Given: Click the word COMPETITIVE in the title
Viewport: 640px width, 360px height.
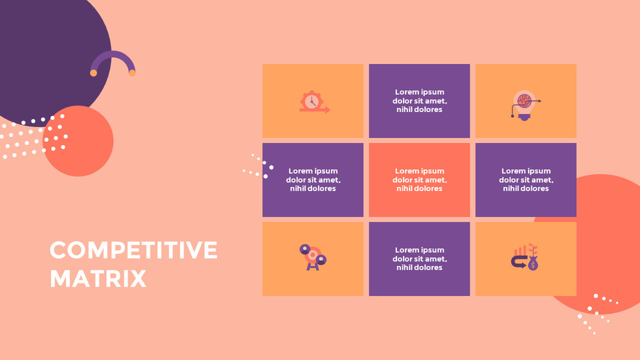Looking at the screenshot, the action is point(133,250).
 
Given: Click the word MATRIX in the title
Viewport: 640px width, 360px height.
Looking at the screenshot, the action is point(98,279).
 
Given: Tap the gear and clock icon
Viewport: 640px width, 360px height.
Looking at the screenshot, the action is point(314,102).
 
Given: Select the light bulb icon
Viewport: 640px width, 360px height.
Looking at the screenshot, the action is point(526,105).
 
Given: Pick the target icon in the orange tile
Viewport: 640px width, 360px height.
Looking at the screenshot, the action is point(313,257).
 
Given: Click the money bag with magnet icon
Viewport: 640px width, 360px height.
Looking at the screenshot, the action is point(525,257).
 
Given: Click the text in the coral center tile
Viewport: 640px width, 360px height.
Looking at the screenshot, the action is point(420,179).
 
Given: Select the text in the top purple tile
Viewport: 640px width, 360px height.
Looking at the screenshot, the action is point(420,101).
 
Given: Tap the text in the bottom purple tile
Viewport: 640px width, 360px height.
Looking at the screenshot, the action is point(420,259).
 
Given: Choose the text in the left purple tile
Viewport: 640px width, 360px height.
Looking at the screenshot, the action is point(313,179).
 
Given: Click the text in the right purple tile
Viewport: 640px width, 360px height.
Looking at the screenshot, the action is point(526,179).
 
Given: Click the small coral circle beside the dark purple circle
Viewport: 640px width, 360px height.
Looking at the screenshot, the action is point(78,141).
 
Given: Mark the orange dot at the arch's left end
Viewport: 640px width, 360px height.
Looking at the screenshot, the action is point(93,73).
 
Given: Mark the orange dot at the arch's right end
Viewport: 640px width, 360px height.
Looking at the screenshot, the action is point(132,73).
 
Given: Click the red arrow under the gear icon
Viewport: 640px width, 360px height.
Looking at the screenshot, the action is point(315,110).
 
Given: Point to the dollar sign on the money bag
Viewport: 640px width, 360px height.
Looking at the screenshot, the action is point(533,265).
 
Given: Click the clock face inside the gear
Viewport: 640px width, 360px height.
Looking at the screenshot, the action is point(312,101).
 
